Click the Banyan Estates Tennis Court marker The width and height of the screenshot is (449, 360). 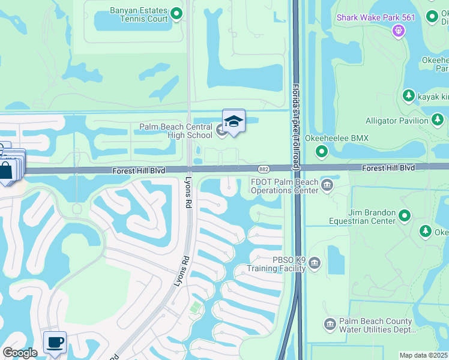[x=176, y=13]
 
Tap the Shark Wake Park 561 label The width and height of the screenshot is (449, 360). [x=376, y=17]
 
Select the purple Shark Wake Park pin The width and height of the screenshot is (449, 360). [x=397, y=29]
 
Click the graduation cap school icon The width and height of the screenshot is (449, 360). [x=234, y=122]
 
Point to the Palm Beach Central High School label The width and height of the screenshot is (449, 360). [x=176, y=131]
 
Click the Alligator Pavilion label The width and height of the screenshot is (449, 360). [x=397, y=121]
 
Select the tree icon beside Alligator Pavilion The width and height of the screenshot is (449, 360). [x=438, y=120]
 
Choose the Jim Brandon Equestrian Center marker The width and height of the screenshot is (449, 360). [x=405, y=215]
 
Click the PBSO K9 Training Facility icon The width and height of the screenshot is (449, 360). [x=315, y=263]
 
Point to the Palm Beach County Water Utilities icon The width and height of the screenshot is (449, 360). [x=330, y=325]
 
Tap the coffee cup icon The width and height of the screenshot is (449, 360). [x=55, y=342]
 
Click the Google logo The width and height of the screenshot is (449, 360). [x=20, y=353]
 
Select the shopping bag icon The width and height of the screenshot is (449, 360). [x=6, y=170]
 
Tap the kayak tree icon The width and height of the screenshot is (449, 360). [x=408, y=95]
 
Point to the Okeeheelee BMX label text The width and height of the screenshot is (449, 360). [x=337, y=139]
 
